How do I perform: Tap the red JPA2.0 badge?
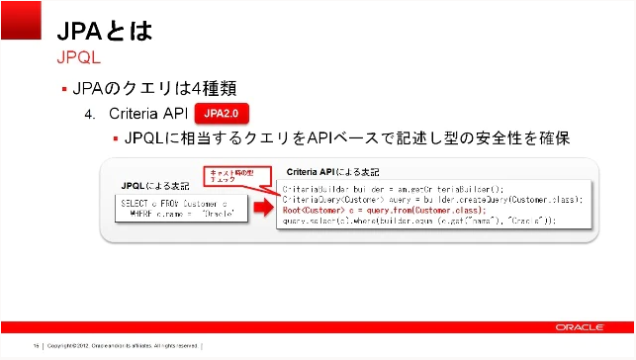[x=221, y=114]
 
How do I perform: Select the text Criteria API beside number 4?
[x=148, y=114]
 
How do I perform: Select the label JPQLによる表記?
[x=153, y=185]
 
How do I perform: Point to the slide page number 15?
[x=36, y=346]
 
